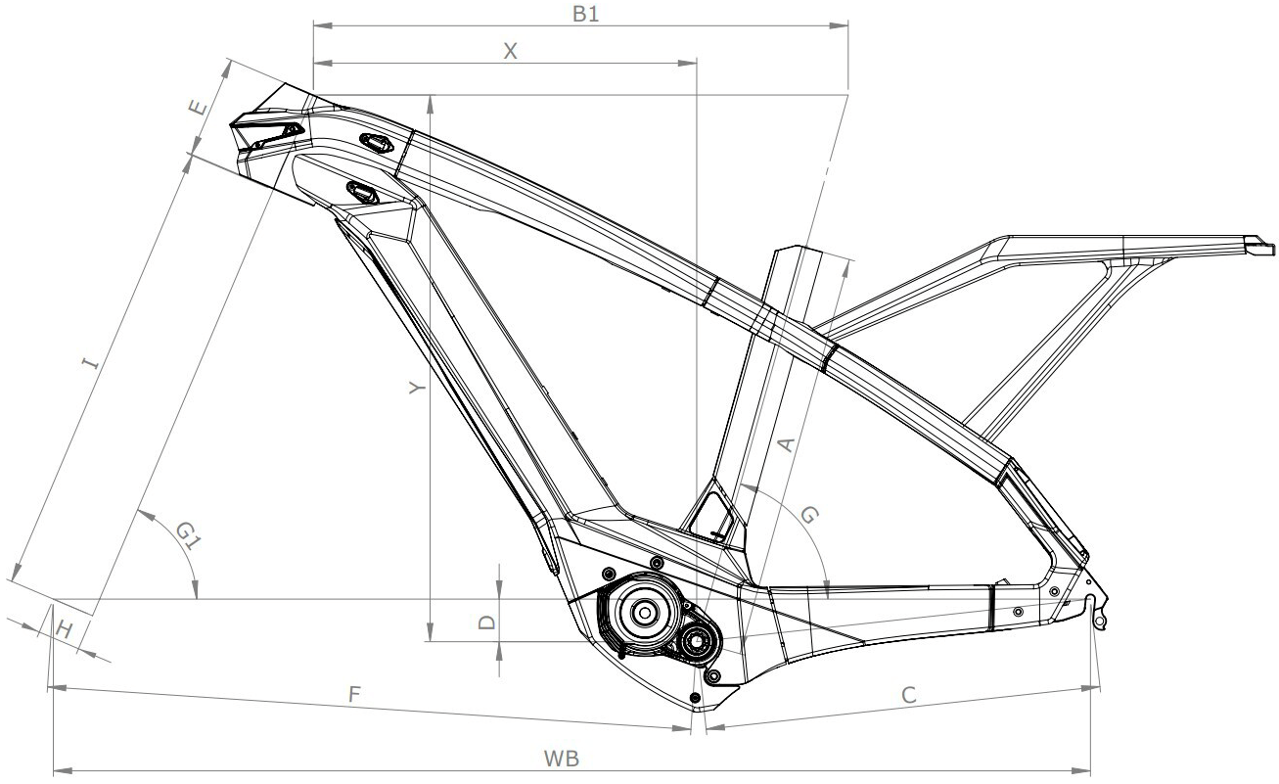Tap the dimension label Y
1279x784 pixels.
click(x=417, y=389)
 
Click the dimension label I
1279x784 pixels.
click(x=90, y=365)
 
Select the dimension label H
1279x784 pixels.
click(x=63, y=629)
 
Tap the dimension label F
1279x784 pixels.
click(x=356, y=694)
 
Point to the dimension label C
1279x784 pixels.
click(x=908, y=695)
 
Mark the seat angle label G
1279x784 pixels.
click(x=809, y=516)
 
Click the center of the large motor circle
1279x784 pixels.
click(x=644, y=613)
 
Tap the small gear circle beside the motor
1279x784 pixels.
click(x=697, y=642)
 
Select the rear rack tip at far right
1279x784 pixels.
click(x=1260, y=241)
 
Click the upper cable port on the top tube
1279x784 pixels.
click(x=377, y=143)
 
